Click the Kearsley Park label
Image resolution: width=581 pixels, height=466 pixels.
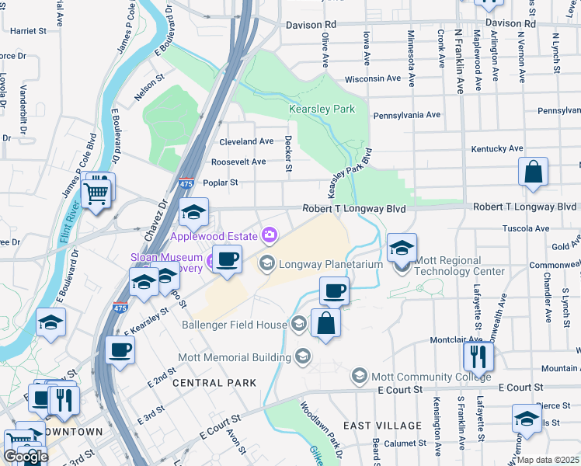coord(322,110)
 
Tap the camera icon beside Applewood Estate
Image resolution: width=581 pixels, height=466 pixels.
coord(270,234)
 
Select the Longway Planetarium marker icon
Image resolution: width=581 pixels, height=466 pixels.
coord(267,264)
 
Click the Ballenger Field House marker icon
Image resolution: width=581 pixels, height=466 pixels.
coord(300,325)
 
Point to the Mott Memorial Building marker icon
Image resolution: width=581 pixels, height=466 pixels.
coord(303,357)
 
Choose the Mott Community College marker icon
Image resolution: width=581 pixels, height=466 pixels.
coord(359,377)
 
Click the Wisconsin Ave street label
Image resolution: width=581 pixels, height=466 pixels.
coord(372,78)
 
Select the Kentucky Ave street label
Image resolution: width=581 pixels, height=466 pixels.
coord(497,148)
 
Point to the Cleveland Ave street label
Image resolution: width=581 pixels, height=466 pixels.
coord(246,141)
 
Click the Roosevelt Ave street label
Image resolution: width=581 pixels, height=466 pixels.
coord(238,162)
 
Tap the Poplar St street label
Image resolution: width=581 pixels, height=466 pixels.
coord(219,183)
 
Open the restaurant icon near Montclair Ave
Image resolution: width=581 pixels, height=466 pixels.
coord(478,356)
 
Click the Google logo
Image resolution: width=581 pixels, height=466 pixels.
coord(25,457)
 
